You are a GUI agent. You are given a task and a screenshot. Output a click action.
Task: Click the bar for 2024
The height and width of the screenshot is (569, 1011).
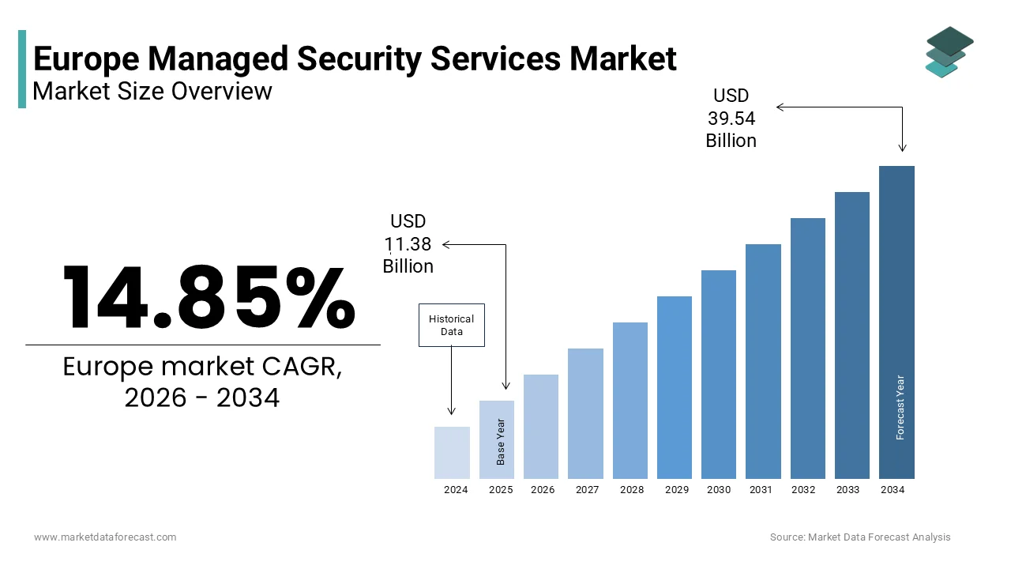pyautogui.click(x=452, y=453)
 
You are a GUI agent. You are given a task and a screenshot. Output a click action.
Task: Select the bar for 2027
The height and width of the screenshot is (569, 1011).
pyautogui.click(x=585, y=413)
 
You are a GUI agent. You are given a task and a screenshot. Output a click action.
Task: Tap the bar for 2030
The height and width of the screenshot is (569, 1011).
pyautogui.click(x=718, y=375)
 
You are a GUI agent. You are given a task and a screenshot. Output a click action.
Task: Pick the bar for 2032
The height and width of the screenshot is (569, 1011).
pyautogui.click(x=807, y=349)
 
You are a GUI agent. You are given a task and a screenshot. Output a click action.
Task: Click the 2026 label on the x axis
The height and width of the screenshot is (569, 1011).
pyautogui.click(x=542, y=490)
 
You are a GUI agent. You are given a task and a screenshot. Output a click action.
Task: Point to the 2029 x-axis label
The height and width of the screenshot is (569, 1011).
pyautogui.click(x=676, y=490)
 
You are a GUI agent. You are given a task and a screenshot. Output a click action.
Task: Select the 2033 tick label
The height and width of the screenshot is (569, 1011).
pyautogui.click(x=848, y=490)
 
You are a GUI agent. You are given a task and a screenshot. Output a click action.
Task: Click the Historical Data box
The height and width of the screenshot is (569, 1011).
pyautogui.click(x=451, y=326)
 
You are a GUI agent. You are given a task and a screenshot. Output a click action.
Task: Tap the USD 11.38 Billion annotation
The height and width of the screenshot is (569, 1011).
pyautogui.click(x=408, y=243)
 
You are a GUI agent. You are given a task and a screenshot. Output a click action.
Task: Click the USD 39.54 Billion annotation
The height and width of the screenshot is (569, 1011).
pyautogui.click(x=731, y=118)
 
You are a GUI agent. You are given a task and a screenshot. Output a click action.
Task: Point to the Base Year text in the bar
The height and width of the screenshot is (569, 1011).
pyautogui.click(x=501, y=441)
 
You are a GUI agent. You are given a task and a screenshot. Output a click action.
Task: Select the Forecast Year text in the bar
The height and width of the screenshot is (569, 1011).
pyautogui.click(x=900, y=407)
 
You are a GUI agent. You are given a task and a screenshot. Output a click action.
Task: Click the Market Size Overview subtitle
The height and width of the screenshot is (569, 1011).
pyautogui.click(x=152, y=91)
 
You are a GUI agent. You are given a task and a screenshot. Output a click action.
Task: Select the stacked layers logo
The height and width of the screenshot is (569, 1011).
pyautogui.click(x=949, y=52)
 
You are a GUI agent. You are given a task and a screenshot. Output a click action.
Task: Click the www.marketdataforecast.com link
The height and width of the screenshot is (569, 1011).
pyautogui.click(x=105, y=537)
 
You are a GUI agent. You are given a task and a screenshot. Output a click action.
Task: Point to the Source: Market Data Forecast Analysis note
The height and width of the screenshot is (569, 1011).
pyautogui.click(x=860, y=537)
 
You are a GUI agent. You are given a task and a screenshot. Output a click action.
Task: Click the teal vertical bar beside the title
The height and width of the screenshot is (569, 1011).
pyautogui.click(x=22, y=69)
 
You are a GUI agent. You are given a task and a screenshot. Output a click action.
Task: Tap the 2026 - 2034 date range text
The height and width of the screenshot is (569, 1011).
pyautogui.click(x=202, y=398)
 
